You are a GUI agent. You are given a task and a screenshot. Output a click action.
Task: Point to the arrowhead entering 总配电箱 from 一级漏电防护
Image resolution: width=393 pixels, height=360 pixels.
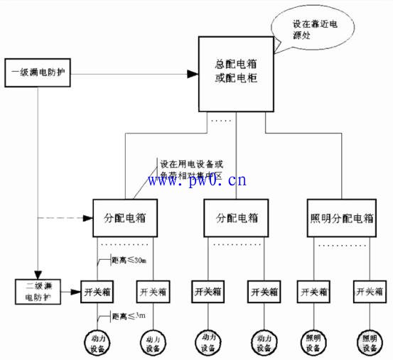click(x=192, y=73)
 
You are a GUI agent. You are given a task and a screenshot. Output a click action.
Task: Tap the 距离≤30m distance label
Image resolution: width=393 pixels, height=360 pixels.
click(x=129, y=261)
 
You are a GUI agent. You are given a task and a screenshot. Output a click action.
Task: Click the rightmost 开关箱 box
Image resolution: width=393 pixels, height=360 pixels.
click(x=370, y=291)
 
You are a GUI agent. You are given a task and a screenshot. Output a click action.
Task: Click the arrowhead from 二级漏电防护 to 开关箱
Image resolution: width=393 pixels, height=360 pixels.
click(x=77, y=292)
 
